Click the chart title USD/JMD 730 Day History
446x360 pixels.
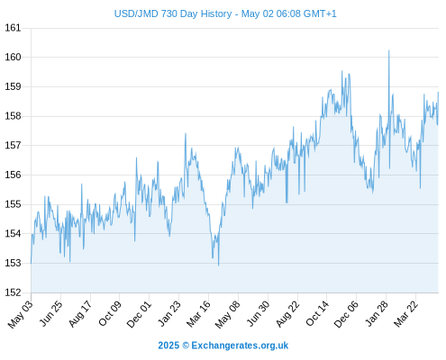173,13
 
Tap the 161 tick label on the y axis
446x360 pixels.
13,28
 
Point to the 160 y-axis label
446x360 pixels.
13,57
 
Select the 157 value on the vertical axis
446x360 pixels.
13,146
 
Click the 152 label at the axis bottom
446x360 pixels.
13,292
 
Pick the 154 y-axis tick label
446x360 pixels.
13,233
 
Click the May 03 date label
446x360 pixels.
21,314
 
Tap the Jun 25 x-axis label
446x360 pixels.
51,313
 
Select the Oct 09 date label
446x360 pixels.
110,313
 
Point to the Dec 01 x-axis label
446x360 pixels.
139,314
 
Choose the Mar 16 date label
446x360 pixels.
198,314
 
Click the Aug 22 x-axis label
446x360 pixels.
287,313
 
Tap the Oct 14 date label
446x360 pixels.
317,313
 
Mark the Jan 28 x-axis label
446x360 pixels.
377,313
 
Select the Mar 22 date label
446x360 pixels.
405,313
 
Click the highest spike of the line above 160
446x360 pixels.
389,50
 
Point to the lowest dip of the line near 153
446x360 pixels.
219,265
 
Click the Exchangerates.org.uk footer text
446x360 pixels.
240,346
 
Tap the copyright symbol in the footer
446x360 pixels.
186,346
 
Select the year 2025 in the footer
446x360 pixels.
168,346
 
